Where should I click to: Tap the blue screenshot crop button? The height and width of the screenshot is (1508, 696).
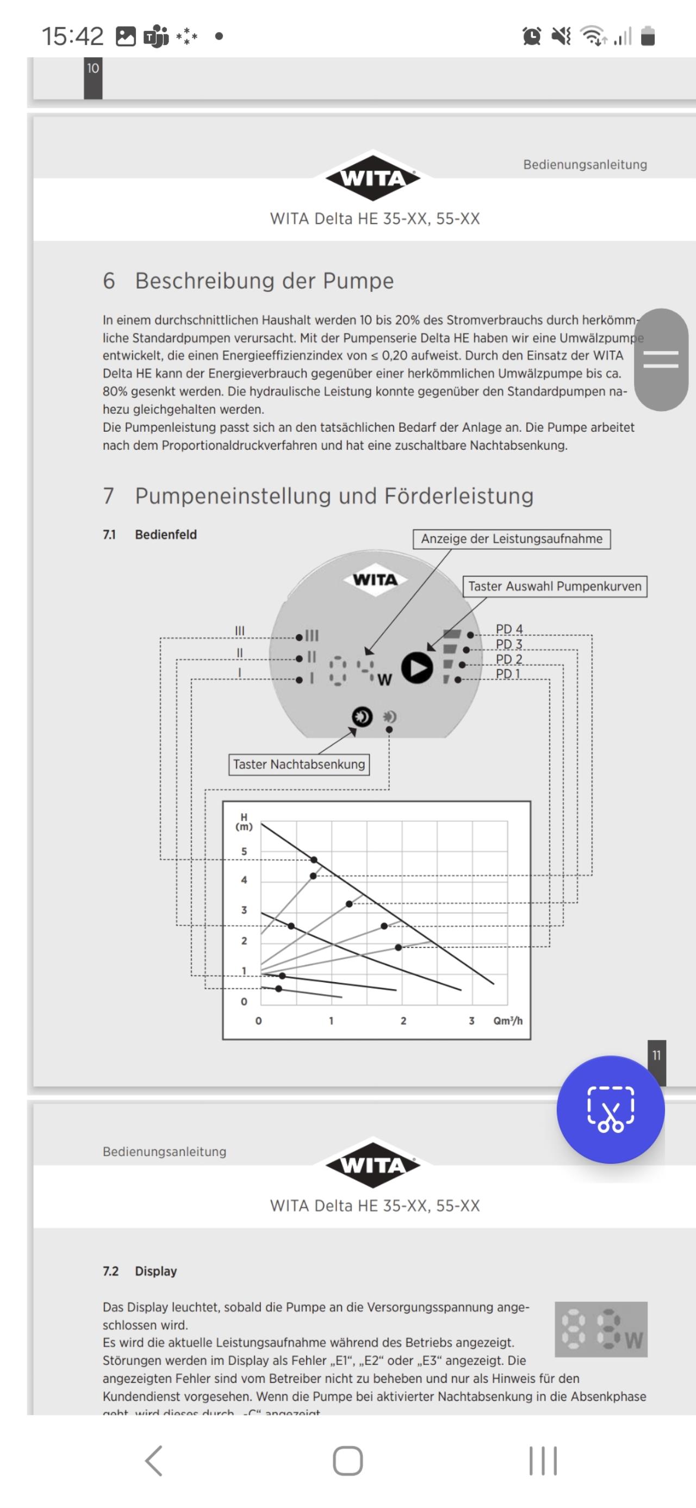click(x=610, y=1109)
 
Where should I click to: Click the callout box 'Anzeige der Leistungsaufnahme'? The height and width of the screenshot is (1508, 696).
click(x=512, y=538)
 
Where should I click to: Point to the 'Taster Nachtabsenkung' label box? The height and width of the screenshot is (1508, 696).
click(x=299, y=764)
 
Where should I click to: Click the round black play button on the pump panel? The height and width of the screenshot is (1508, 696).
click(x=417, y=667)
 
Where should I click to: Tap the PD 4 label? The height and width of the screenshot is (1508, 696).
click(x=509, y=629)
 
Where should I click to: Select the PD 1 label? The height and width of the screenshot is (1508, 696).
click(x=507, y=674)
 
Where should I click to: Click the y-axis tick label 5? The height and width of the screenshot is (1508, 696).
click(x=244, y=851)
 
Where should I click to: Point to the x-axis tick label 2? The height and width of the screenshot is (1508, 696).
click(x=403, y=1020)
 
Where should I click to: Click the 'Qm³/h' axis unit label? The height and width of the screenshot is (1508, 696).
click(x=507, y=1020)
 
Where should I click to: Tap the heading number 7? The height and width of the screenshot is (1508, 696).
click(x=109, y=496)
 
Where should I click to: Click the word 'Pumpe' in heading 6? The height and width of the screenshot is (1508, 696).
click(x=358, y=281)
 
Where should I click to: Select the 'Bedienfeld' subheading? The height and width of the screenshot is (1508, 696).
click(x=166, y=535)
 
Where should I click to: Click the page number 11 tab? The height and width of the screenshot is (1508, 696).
click(x=656, y=1055)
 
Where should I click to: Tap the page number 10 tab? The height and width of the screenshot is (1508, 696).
click(x=93, y=69)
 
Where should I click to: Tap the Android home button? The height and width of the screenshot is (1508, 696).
click(x=347, y=1461)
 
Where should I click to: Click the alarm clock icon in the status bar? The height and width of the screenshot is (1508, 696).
click(x=531, y=36)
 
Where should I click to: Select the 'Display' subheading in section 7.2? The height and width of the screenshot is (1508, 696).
click(x=156, y=1270)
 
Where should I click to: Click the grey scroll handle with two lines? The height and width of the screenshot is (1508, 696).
click(x=661, y=359)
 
